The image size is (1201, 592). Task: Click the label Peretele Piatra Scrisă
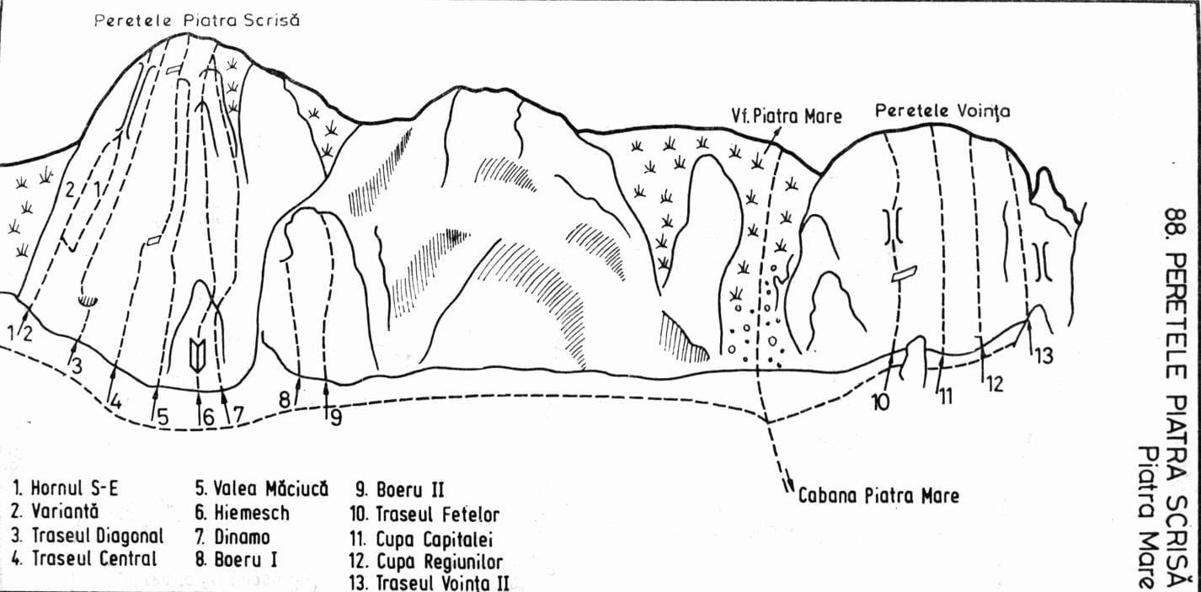[x=197, y=20]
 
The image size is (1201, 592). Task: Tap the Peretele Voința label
[x=942, y=111]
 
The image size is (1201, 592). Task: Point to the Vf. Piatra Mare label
[x=787, y=116]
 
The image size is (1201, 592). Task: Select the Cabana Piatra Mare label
[x=878, y=495]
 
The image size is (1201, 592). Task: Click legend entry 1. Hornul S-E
[x=65, y=488]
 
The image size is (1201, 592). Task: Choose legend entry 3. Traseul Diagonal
[x=87, y=536]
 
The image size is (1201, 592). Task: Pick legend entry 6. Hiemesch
[x=243, y=513]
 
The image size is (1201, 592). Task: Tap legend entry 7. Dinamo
[x=232, y=536]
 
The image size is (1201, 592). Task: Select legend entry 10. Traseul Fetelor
[x=424, y=515]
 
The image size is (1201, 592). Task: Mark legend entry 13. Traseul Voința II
[x=429, y=583]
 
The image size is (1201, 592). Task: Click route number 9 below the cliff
[x=336, y=417]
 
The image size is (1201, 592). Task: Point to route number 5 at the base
[x=163, y=418]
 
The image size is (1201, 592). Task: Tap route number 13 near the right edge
[x=1044, y=355]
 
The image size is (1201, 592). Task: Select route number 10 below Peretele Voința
[x=880, y=401]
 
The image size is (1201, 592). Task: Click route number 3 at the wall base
[x=77, y=366]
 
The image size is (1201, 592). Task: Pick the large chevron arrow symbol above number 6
[x=197, y=355]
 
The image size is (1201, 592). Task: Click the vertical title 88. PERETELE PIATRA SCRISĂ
[x=1175, y=397]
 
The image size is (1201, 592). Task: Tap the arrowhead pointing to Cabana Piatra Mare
[x=788, y=484]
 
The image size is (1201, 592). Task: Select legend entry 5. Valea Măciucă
[x=262, y=489]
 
